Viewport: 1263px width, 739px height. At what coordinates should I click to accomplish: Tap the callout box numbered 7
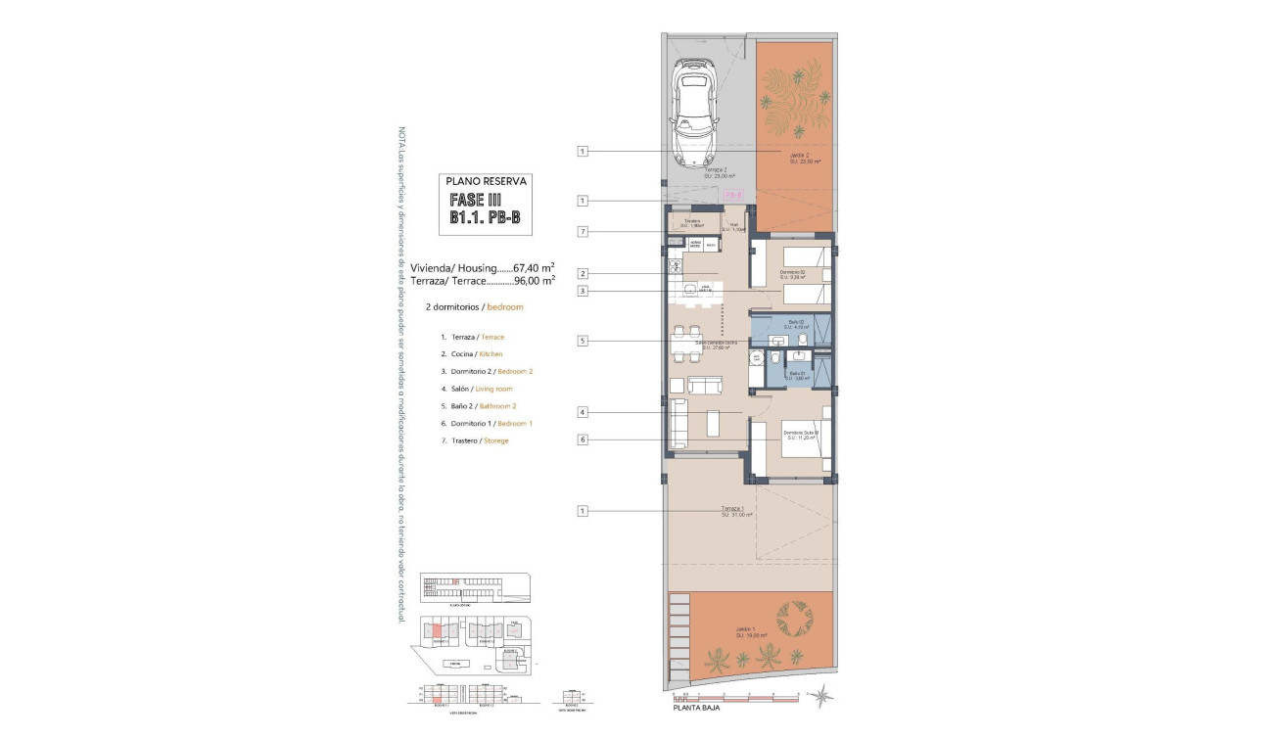point(583,232)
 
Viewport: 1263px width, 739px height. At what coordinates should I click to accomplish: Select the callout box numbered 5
point(583,341)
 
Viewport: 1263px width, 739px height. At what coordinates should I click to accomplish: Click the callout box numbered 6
point(583,440)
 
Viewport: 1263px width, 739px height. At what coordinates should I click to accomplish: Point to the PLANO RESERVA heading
point(487,181)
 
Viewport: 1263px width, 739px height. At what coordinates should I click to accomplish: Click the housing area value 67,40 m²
point(535,266)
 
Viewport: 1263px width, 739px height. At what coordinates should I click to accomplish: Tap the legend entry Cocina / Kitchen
point(472,353)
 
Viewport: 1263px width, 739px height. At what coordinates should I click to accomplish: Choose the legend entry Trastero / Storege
point(475,440)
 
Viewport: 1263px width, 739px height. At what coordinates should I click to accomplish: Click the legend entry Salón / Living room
point(477,389)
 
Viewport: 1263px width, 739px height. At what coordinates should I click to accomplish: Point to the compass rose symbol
point(820,696)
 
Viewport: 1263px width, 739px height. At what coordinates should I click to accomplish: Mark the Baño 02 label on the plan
point(795,323)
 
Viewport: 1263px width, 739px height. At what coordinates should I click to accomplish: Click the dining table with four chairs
point(685,343)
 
